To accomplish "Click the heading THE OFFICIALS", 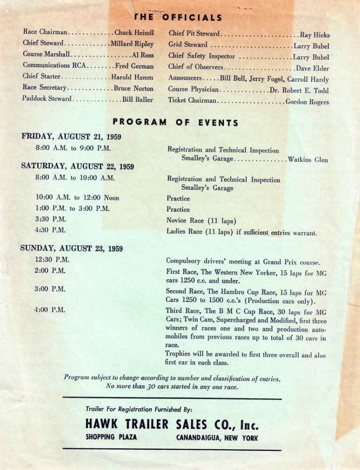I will point(178,18).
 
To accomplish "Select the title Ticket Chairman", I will point(192,101).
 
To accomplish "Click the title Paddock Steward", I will point(47,99).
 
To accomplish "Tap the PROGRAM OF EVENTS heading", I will point(175,123).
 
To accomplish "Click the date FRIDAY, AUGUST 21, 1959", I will point(71,137).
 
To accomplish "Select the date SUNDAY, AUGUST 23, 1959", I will point(71,249).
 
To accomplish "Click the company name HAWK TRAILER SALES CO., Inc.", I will point(172,425).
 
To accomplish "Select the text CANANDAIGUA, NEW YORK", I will point(217,438).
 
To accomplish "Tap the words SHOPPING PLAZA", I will point(111,437).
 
